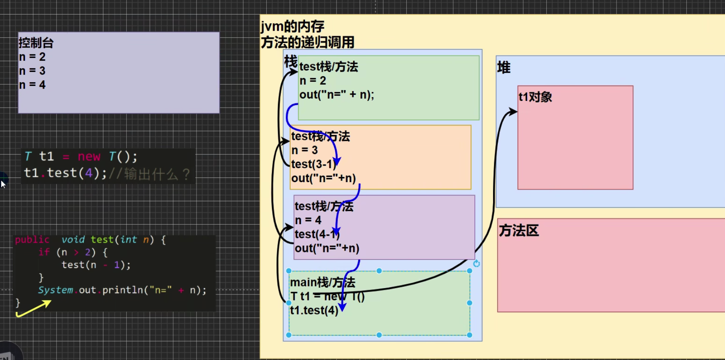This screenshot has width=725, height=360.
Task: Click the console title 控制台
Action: click(36, 43)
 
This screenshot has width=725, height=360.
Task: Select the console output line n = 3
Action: click(32, 71)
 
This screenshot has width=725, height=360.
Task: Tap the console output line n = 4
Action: click(32, 85)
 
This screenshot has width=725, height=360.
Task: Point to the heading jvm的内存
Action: click(292, 26)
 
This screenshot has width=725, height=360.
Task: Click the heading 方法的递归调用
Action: click(307, 42)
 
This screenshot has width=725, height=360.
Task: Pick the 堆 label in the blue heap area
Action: click(504, 67)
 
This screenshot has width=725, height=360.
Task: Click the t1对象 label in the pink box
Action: click(535, 97)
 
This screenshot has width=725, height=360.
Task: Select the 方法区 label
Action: click(519, 231)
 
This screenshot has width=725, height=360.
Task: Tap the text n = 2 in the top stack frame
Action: click(313, 80)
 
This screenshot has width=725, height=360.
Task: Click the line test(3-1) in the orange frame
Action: click(314, 164)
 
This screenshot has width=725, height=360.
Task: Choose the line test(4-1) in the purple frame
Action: click(317, 234)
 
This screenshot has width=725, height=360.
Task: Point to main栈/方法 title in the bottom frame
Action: click(322, 282)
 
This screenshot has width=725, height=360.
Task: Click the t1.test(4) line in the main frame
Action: click(314, 310)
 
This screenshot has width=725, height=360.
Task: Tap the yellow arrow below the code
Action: click(34, 309)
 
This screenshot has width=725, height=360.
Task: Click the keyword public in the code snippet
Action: click(32, 240)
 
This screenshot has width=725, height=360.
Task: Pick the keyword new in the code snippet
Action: click(89, 157)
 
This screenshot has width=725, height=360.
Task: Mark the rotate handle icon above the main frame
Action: click(477, 264)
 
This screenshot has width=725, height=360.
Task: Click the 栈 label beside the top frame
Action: click(291, 61)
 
